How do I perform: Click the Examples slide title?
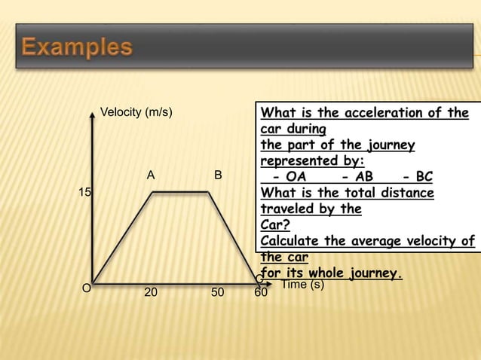(x=77, y=48)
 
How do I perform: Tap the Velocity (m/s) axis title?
(x=136, y=113)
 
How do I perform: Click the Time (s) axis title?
(x=302, y=285)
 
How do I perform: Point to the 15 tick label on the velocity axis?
(x=86, y=193)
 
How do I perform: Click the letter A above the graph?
(x=151, y=175)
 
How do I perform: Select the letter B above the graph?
(x=218, y=175)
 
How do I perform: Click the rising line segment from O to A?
(x=123, y=237)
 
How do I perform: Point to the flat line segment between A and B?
(x=181, y=192)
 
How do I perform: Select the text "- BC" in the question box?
(x=417, y=177)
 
